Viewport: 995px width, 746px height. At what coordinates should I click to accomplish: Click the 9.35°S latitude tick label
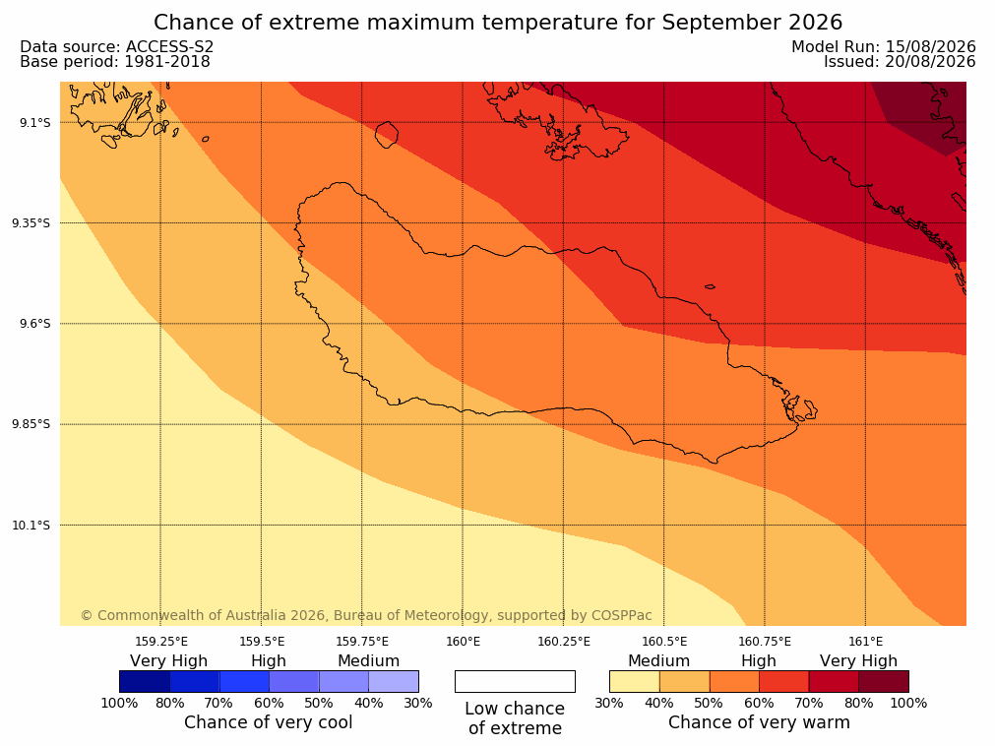click(31, 222)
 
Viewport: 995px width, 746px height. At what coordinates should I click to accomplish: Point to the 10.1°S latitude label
click(31, 526)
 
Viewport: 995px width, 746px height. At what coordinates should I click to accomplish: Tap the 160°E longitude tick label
click(463, 642)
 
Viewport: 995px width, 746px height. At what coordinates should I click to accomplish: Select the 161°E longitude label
click(865, 642)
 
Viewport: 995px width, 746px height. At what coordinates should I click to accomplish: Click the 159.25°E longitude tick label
click(161, 642)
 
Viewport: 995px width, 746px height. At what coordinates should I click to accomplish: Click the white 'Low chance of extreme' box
click(515, 681)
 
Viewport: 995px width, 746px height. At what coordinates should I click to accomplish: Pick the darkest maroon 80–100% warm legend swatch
click(884, 681)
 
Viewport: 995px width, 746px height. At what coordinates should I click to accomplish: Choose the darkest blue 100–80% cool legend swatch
click(145, 681)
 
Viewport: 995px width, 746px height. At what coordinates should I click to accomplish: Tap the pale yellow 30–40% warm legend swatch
click(635, 681)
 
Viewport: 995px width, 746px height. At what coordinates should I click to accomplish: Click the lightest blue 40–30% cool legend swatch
click(394, 681)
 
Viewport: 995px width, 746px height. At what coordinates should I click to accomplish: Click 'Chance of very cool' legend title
click(269, 722)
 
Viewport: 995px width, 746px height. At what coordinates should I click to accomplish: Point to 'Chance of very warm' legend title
click(759, 722)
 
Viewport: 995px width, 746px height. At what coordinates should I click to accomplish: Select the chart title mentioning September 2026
click(498, 23)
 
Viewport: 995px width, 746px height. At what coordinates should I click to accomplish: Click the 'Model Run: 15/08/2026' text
click(884, 47)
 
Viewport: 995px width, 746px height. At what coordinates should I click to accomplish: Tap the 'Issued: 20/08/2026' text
click(900, 62)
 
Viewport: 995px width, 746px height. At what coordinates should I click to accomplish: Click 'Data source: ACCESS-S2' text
click(117, 47)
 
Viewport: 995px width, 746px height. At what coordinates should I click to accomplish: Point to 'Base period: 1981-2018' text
click(115, 62)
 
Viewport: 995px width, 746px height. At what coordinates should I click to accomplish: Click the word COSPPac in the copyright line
click(621, 615)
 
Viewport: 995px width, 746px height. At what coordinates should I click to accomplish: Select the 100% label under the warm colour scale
click(908, 703)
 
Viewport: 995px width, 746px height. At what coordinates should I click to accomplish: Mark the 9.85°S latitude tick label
click(31, 424)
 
